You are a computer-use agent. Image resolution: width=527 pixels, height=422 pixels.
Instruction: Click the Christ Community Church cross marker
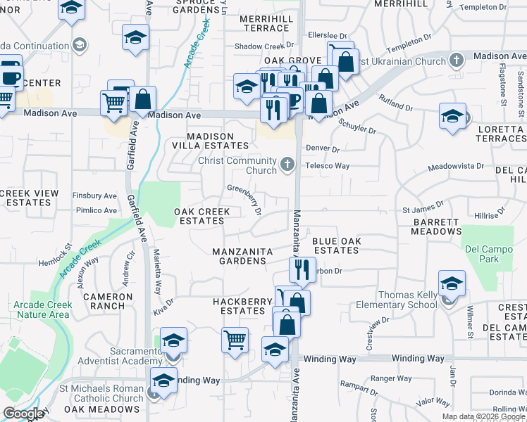pyautogui.click(x=286, y=165)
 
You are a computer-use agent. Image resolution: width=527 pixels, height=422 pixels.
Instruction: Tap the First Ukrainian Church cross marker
pyautogui.click(x=457, y=60)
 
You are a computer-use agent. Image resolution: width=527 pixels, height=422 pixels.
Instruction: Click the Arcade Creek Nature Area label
pyautogui.click(x=40, y=309)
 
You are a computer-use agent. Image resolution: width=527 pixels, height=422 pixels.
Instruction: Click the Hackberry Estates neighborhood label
pyautogui.click(x=242, y=306)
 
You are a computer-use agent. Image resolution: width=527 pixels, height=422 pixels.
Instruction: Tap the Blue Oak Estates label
pyautogui.click(x=337, y=245)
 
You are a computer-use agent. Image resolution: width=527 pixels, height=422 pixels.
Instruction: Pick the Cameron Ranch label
pyautogui.click(x=108, y=301)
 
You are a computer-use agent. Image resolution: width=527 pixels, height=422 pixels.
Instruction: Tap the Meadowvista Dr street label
pyautogui.click(x=457, y=167)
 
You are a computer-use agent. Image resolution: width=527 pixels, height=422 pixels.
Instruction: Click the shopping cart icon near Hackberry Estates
pyautogui.click(x=235, y=340)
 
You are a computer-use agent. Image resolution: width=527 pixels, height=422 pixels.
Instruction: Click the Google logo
pyautogui.click(x=23, y=414)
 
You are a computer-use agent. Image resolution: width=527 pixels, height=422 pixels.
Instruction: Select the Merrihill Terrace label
pyautogui.click(x=265, y=23)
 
